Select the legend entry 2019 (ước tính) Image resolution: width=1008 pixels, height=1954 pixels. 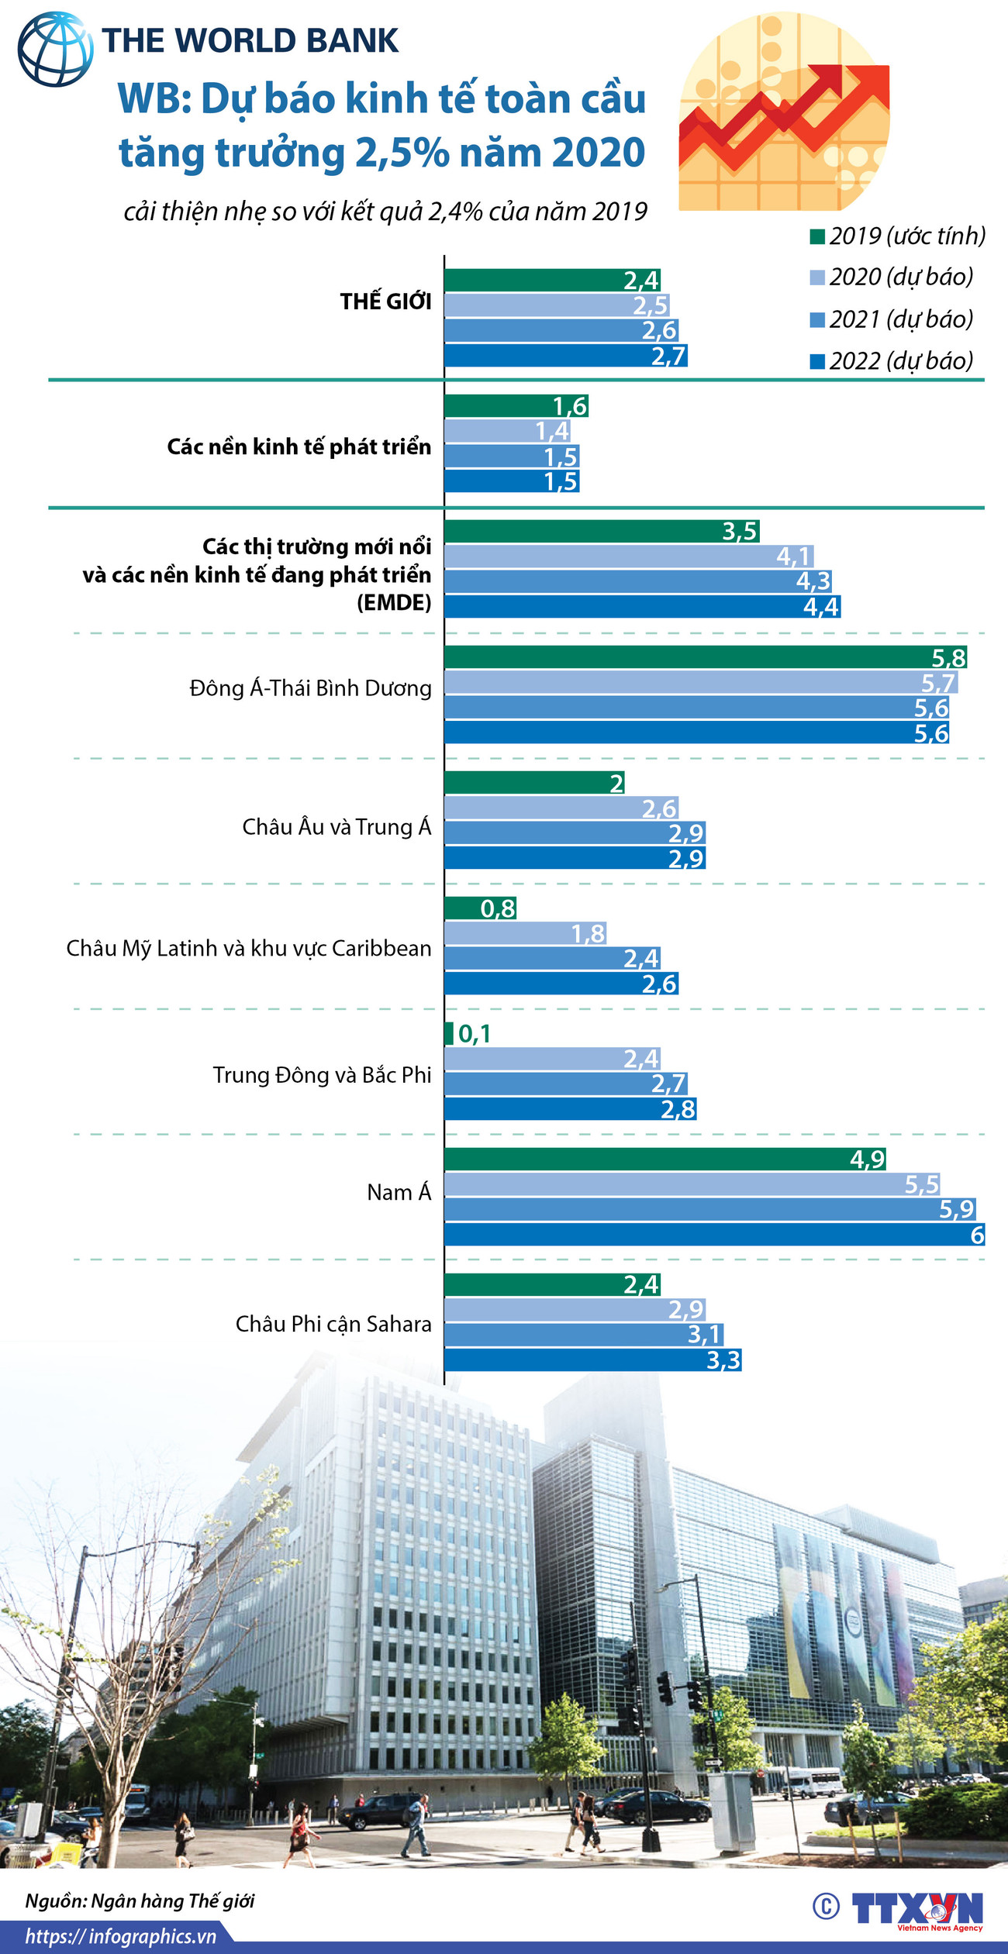pos(897,236)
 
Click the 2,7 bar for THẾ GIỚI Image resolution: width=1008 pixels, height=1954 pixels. pos(565,356)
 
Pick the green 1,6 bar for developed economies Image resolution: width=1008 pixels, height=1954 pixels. pos(516,405)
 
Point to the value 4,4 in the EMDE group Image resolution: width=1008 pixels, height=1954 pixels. pos(821,606)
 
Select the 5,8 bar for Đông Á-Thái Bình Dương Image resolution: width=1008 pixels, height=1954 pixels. pos(705,657)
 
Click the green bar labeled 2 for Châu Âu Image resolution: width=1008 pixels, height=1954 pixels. pos(534,783)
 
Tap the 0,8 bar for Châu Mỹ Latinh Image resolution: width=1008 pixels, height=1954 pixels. pos(480,908)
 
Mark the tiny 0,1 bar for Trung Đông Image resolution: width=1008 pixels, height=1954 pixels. pos(449,1033)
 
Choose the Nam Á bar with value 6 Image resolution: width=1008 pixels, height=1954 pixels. pos(714,1234)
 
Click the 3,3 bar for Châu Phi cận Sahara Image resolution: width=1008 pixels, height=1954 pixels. pos(592,1360)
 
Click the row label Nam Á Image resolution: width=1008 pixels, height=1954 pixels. pos(399,1192)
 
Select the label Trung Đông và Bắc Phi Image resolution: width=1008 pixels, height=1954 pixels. pos(322,1075)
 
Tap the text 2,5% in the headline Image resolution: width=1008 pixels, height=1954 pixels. pos(402,153)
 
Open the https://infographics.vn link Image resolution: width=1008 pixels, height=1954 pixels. pos(120,1936)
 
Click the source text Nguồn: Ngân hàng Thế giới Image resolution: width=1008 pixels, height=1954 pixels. pos(140,1901)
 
